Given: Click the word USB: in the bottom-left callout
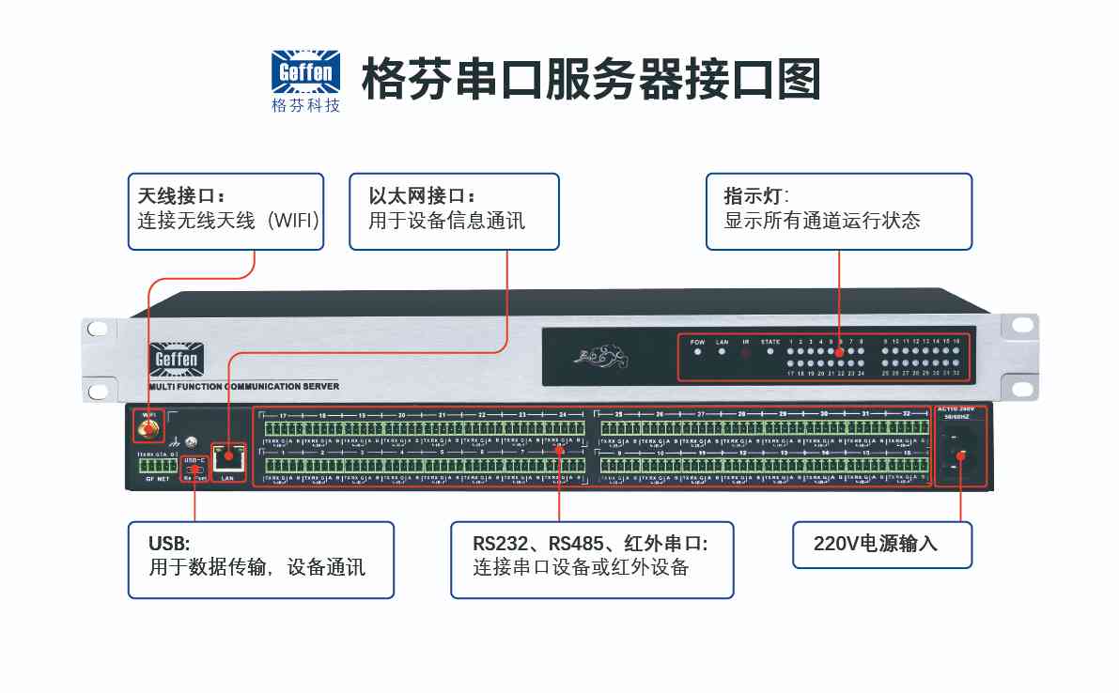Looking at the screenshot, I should click(x=169, y=544).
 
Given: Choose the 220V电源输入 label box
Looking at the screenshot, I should click(x=881, y=545).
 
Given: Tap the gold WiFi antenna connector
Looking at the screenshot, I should click(x=148, y=430).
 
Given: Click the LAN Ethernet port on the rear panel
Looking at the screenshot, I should click(x=227, y=460).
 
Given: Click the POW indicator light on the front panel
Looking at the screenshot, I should click(x=697, y=352).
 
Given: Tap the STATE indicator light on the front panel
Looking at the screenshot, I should click(x=770, y=352).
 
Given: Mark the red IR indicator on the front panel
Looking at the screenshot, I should click(x=746, y=353).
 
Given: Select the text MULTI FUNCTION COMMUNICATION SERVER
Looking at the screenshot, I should click(x=244, y=386).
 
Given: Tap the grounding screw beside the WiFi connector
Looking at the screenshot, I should click(x=192, y=440).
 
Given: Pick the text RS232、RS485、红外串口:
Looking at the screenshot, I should click(x=590, y=544).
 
